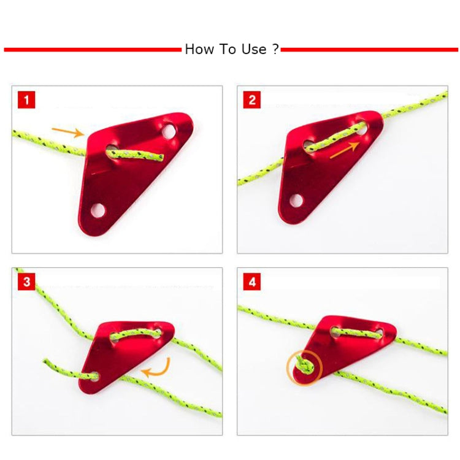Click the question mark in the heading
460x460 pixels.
[275, 50]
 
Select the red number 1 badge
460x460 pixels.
[26, 99]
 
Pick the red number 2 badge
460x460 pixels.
[252, 99]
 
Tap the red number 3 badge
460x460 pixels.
[26, 282]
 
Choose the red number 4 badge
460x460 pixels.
[252, 282]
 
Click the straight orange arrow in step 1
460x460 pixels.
[67, 131]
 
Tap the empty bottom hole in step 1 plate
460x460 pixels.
[98, 210]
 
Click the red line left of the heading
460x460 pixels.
[92, 50]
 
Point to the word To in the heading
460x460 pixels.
[226, 50]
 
